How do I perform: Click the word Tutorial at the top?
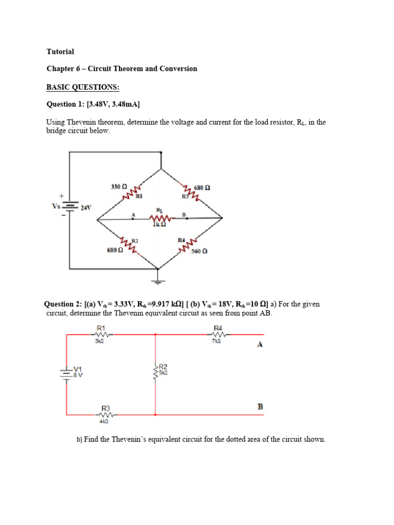60,52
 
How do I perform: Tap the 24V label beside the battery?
86,208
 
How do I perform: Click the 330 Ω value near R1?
119,187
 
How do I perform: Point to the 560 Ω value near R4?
199,251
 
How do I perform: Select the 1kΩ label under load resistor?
159,224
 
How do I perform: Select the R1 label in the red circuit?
101,328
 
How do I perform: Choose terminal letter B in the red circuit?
260,407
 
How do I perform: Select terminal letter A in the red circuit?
260,345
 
